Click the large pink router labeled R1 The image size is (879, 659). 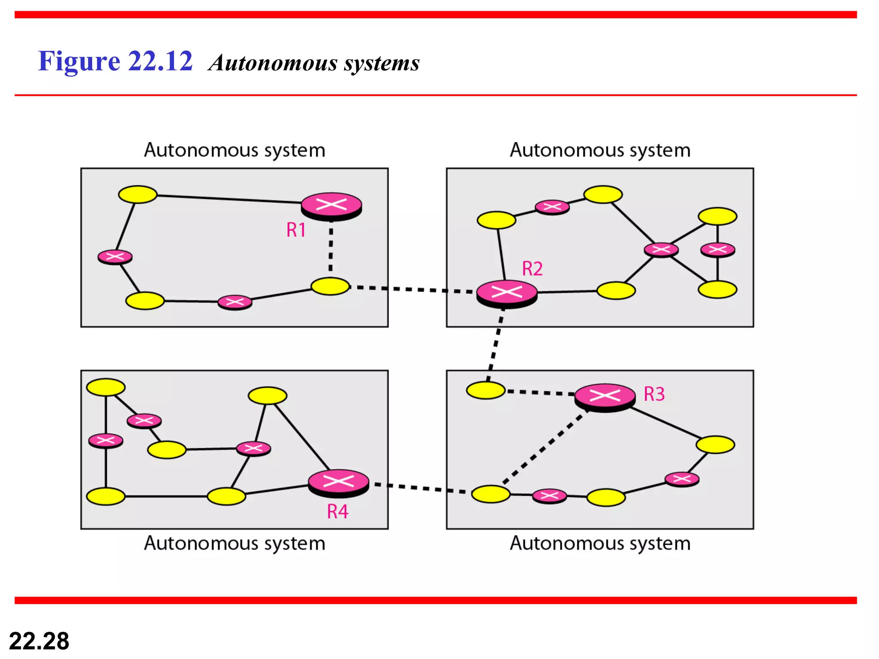331,206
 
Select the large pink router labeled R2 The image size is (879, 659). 507,293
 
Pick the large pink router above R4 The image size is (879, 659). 339,482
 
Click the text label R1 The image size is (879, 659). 296,230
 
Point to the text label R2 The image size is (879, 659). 532,269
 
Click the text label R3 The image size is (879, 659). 654,394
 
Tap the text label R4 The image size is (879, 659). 338,512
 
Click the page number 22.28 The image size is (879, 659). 39,641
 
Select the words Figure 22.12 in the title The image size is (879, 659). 115,61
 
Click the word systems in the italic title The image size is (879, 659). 382,63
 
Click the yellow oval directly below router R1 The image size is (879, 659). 330,286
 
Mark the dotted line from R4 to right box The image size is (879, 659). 421,488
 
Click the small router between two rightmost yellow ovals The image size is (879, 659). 718,249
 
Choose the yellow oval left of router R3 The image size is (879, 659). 486,390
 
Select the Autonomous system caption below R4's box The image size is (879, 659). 234,544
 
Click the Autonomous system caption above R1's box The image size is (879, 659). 234,151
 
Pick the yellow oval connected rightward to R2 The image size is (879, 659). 616,290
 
